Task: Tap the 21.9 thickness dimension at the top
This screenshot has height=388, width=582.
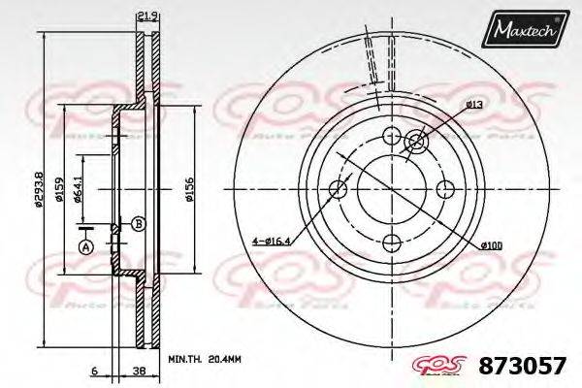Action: [147, 15]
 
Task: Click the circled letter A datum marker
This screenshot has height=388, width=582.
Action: [84, 248]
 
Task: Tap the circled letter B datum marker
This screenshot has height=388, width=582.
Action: [138, 224]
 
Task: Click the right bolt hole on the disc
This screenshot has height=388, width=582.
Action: [445, 188]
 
